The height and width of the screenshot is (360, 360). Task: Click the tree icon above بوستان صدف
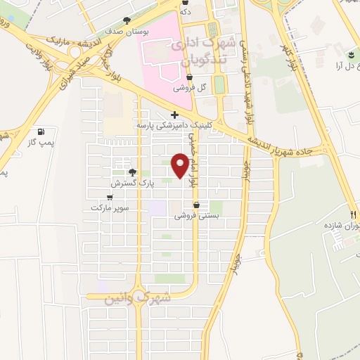tap(126, 20)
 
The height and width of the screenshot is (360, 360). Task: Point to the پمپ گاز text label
tap(41, 142)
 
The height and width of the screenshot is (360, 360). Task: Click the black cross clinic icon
tap(174, 115)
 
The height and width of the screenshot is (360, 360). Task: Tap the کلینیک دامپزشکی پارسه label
tap(174, 125)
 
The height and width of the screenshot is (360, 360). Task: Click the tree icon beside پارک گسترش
tap(131, 172)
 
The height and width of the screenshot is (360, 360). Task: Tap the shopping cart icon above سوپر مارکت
tap(109, 197)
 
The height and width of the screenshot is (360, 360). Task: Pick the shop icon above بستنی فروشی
tap(196, 205)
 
